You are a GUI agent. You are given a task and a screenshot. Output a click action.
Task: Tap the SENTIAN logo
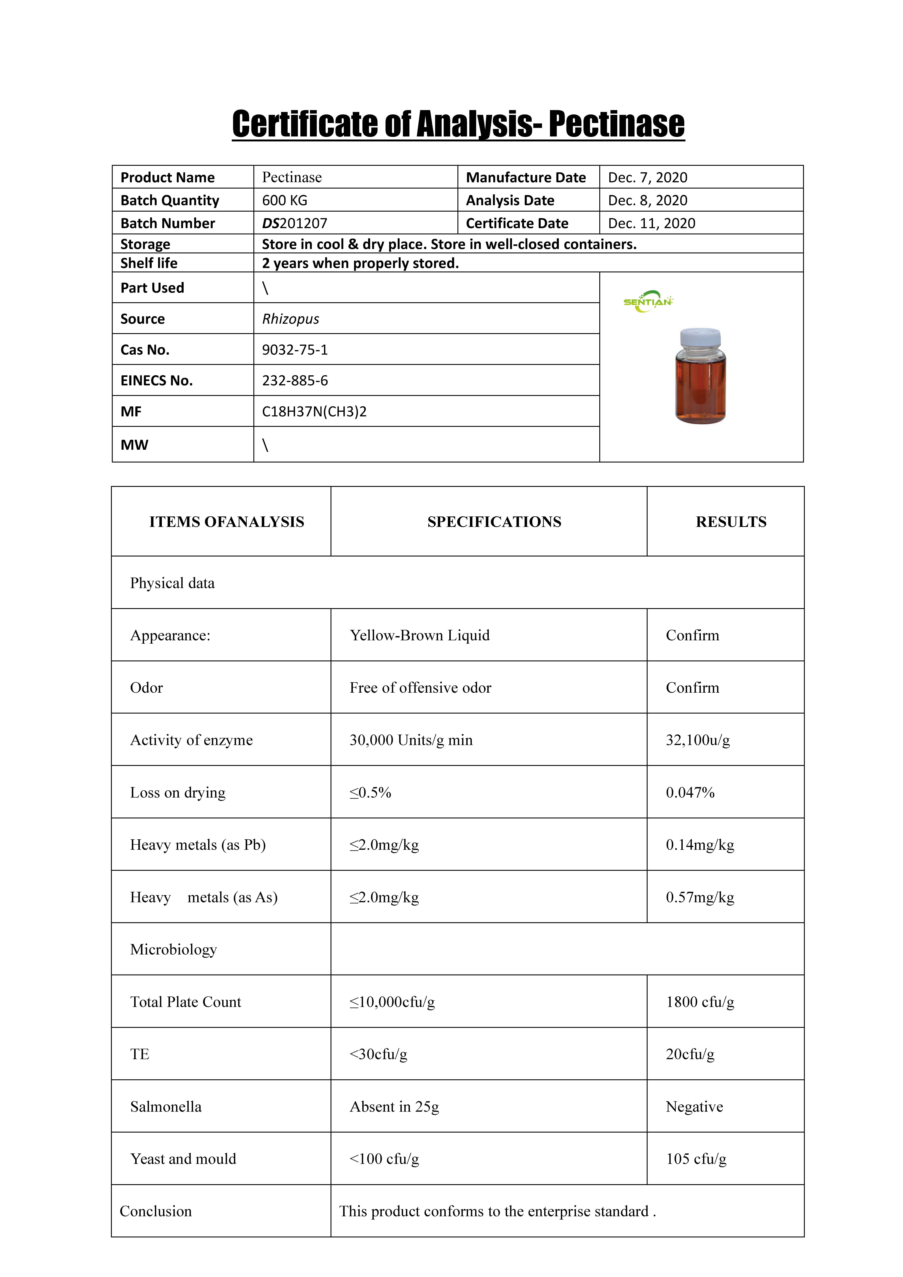coord(648,301)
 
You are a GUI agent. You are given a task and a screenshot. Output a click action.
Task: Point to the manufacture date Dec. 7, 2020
coord(648,177)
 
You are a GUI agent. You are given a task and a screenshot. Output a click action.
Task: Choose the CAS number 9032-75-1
coord(295,350)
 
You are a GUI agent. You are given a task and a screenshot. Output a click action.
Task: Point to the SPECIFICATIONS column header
coord(494,522)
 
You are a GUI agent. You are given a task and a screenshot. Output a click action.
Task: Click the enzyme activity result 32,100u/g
coord(698,740)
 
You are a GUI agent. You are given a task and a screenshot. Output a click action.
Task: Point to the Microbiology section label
coord(174,949)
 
